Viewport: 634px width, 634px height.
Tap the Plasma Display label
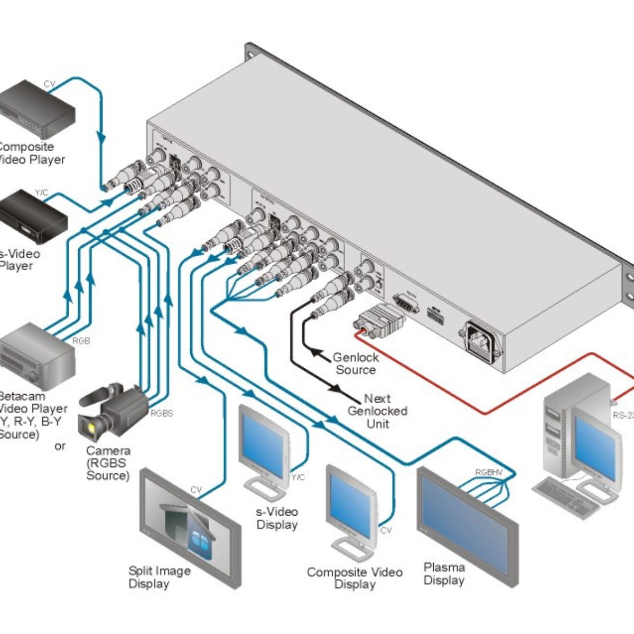pyautogui.click(x=444, y=574)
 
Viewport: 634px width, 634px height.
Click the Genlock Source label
pyautogui.click(x=356, y=363)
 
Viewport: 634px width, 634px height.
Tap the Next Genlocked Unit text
pyautogui.click(x=377, y=411)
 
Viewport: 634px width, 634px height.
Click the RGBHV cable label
pyautogui.click(x=489, y=473)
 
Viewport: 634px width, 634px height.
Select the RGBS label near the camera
pyautogui.click(x=162, y=413)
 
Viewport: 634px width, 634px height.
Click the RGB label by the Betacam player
pyautogui.click(x=81, y=341)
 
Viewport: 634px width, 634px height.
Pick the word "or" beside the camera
pyautogui.click(x=60, y=446)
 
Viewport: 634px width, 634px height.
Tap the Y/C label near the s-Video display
pyautogui.click(x=299, y=478)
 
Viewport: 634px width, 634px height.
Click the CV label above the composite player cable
pyautogui.click(x=49, y=84)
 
